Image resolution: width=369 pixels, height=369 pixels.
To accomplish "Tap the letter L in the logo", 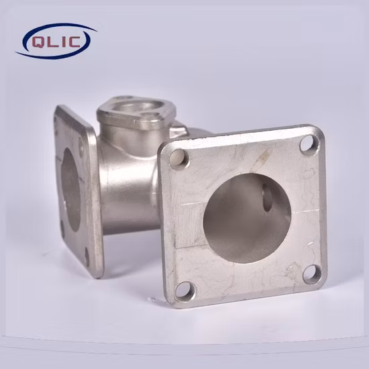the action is coord(52,42).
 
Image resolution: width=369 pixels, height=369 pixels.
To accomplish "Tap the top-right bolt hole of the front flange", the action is coord(309,144).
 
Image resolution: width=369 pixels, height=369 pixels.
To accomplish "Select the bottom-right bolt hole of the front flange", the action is coord(312,274).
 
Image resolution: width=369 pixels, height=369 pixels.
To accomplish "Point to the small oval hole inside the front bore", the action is coord(267,197).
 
